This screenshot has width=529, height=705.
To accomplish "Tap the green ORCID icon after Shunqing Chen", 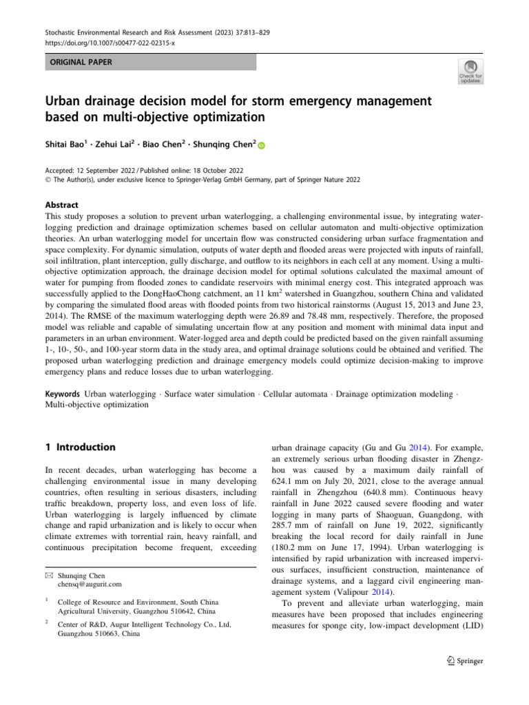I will [x=262, y=145].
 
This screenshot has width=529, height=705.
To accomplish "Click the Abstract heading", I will [x=62, y=205].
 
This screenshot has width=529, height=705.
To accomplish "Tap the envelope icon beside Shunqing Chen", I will [x=49, y=575].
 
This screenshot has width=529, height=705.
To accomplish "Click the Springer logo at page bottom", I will [x=462, y=661].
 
